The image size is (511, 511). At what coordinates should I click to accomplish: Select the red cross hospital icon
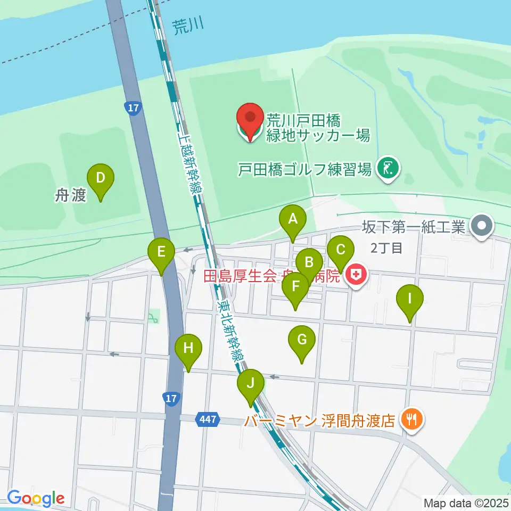pyautogui.click(x=356, y=275)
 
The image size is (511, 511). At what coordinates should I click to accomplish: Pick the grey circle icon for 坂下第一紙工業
pyautogui.click(x=482, y=227)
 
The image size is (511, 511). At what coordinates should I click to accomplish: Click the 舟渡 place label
pyautogui.click(x=70, y=196)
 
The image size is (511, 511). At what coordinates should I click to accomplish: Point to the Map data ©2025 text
pyautogui.click(x=465, y=502)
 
